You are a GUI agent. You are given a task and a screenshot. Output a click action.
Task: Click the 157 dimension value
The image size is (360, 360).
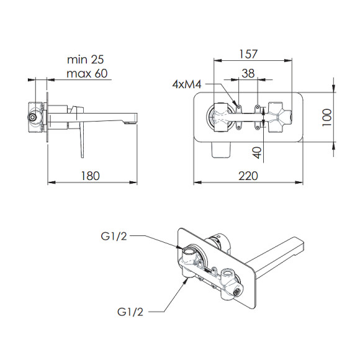[248, 54]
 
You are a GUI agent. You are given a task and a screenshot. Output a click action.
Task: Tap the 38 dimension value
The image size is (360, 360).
[248, 73]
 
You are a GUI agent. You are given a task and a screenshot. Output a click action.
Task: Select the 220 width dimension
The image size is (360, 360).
[248, 176]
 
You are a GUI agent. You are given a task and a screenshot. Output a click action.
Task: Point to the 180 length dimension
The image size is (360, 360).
[91, 176]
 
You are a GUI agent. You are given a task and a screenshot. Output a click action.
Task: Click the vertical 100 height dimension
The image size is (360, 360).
[327, 117]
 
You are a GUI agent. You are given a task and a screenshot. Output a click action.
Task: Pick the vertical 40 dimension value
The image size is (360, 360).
[257, 153]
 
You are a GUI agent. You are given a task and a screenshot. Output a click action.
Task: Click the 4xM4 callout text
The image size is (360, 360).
[187, 84]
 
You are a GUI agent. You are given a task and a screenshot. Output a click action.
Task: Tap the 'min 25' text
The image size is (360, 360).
[86, 60]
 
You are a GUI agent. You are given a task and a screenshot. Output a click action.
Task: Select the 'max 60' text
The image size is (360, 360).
[87, 73]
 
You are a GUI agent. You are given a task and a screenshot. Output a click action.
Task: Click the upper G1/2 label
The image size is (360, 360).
[114, 236]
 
